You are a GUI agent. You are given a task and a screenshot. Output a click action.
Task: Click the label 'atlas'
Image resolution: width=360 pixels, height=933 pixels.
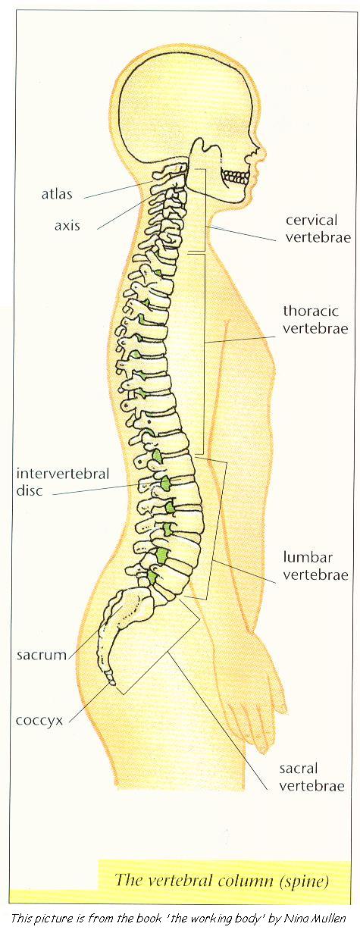(57, 194)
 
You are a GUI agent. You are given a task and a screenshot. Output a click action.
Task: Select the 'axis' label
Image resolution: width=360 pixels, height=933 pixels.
(67, 225)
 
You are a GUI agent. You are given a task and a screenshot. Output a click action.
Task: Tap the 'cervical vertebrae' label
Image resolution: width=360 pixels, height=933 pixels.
(318, 228)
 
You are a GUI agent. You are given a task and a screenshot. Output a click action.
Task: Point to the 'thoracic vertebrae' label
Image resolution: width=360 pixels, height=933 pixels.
(315, 319)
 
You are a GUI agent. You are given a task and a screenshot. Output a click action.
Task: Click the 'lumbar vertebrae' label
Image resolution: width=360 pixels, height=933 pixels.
(315, 565)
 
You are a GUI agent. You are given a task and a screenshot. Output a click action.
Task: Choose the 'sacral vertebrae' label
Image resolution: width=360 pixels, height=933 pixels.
(312, 777)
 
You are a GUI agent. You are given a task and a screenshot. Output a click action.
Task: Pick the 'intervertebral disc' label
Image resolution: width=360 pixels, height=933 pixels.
(62, 481)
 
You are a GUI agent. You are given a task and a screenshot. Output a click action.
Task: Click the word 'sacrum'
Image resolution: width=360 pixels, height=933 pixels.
(42, 655)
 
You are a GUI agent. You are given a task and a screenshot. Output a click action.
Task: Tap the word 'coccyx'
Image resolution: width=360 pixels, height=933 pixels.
(39, 721)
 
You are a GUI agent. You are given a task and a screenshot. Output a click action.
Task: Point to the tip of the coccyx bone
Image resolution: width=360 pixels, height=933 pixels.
(111, 683)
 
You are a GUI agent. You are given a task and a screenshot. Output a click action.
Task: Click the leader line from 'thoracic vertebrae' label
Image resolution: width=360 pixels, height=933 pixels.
(239, 339)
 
